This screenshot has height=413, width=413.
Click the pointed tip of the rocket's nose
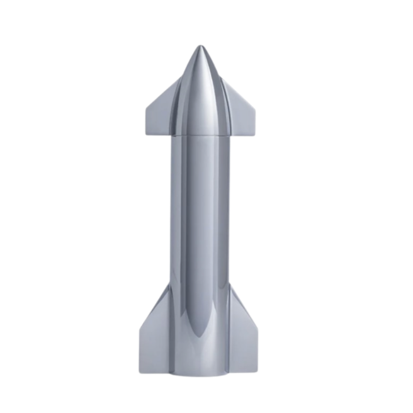coord(200,47)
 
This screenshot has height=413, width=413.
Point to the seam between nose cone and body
coord(200,134)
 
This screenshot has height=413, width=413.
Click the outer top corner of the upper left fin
coord(147,104)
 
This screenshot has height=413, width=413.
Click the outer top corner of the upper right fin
coord(255,104)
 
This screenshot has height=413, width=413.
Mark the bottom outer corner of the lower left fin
coord(140,373)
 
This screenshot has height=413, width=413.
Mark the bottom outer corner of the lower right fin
coord(261,373)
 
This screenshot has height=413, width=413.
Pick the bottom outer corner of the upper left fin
coord(147,128)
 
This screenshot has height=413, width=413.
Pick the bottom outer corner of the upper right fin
coord(255,128)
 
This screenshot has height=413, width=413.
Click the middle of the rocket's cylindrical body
coord(200,252)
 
